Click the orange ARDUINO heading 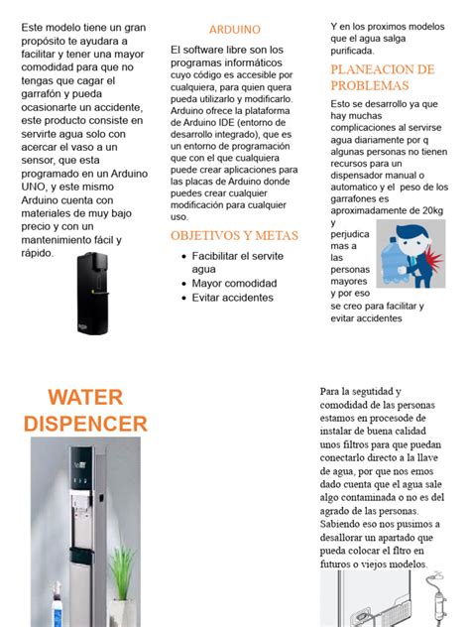[235, 30]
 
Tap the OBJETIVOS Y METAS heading [234, 236]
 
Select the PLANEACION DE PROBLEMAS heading [383, 76]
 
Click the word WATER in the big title [85, 398]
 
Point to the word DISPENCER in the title [85, 425]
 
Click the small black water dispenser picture [92, 292]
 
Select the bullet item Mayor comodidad [234, 283]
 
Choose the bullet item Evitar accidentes [233, 298]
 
